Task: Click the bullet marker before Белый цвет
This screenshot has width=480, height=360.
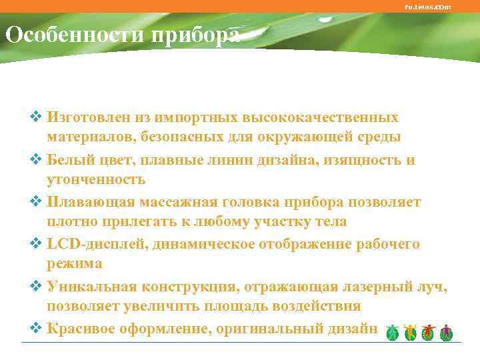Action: click(x=37, y=160)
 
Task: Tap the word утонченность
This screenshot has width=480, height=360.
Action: click(x=95, y=180)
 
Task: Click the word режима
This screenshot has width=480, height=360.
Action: click(x=74, y=264)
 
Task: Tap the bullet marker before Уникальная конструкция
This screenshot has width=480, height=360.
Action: click(x=37, y=286)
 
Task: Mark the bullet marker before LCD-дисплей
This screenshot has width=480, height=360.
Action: click(x=37, y=244)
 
